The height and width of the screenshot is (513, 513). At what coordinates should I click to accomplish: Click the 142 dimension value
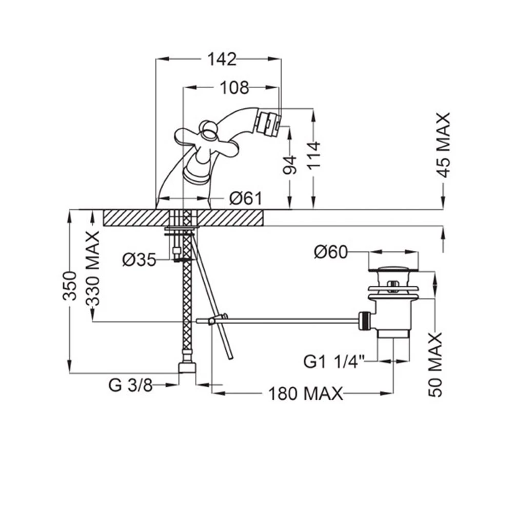[x=222, y=59]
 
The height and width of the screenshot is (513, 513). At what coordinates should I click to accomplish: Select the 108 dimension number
[x=234, y=88]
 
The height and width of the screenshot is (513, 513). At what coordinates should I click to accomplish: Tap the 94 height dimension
[x=290, y=165]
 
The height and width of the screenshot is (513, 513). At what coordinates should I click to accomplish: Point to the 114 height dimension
[x=314, y=155]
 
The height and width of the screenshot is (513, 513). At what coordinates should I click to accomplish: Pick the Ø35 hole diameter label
[x=140, y=260]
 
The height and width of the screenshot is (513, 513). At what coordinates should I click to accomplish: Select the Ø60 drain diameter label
[x=331, y=252]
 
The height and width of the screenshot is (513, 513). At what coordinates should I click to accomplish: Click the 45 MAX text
[x=444, y=145]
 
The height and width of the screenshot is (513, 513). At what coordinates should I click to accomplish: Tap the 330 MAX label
[x=93, y=269]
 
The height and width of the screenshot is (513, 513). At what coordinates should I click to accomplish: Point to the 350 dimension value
[x=70, y=286]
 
